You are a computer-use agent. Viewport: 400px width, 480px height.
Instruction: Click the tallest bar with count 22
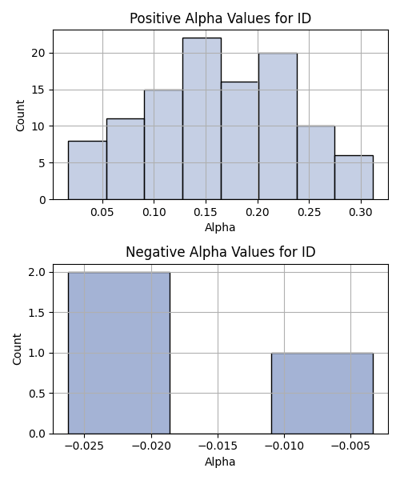click(202, 118)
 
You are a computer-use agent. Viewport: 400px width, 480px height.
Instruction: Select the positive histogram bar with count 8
click(87, 170)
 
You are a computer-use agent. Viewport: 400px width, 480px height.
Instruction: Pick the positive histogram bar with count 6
click(354, 178)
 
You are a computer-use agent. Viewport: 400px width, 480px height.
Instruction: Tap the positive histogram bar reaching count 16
click(240, 141)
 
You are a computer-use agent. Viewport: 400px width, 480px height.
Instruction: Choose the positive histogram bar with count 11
click(126, 159)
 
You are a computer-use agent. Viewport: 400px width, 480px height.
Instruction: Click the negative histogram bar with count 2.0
click(119, 353)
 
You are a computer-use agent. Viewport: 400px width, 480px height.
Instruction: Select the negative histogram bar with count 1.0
click(322, 394)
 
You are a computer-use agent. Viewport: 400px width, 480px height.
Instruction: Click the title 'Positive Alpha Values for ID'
click(220, 18)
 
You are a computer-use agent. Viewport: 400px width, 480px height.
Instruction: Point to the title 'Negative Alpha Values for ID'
click(220, 252)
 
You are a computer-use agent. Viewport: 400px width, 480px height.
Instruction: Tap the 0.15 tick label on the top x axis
click(206, 212)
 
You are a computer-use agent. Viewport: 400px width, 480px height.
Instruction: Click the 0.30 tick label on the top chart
click(361, 212)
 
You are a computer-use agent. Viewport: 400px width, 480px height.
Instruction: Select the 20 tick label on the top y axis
click(38, 54)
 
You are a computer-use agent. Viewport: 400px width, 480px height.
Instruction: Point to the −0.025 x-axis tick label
click(85, 446)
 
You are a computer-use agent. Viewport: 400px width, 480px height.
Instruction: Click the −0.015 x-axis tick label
click(218, 446)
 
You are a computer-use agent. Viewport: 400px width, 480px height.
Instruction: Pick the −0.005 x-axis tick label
click(350, 446)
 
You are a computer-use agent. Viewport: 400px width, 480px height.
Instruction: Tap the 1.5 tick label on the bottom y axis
click(38, 313)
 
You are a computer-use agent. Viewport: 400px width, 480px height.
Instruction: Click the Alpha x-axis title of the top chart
click(220, 227)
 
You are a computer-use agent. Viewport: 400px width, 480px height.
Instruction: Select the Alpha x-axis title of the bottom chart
click(220, 462)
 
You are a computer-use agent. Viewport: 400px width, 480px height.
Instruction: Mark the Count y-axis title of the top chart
click(20, 115)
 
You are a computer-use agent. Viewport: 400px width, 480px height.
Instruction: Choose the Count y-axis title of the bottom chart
click(17, 349)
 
